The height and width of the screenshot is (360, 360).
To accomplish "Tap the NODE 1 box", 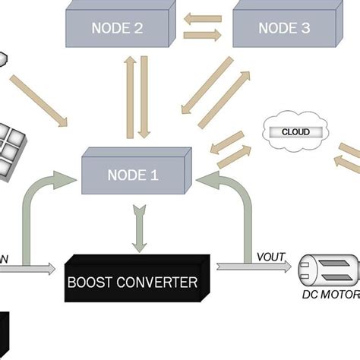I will (134, 175).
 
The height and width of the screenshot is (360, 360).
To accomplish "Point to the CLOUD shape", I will (295, 132).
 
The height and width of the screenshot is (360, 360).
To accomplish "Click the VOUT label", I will (270, 257).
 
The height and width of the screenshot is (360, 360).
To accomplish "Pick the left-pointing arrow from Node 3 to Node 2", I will (203, 17).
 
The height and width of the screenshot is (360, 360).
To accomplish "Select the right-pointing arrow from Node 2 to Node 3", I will (203, 35).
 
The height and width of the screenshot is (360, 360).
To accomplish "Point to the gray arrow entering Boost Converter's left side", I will (30, 268).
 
